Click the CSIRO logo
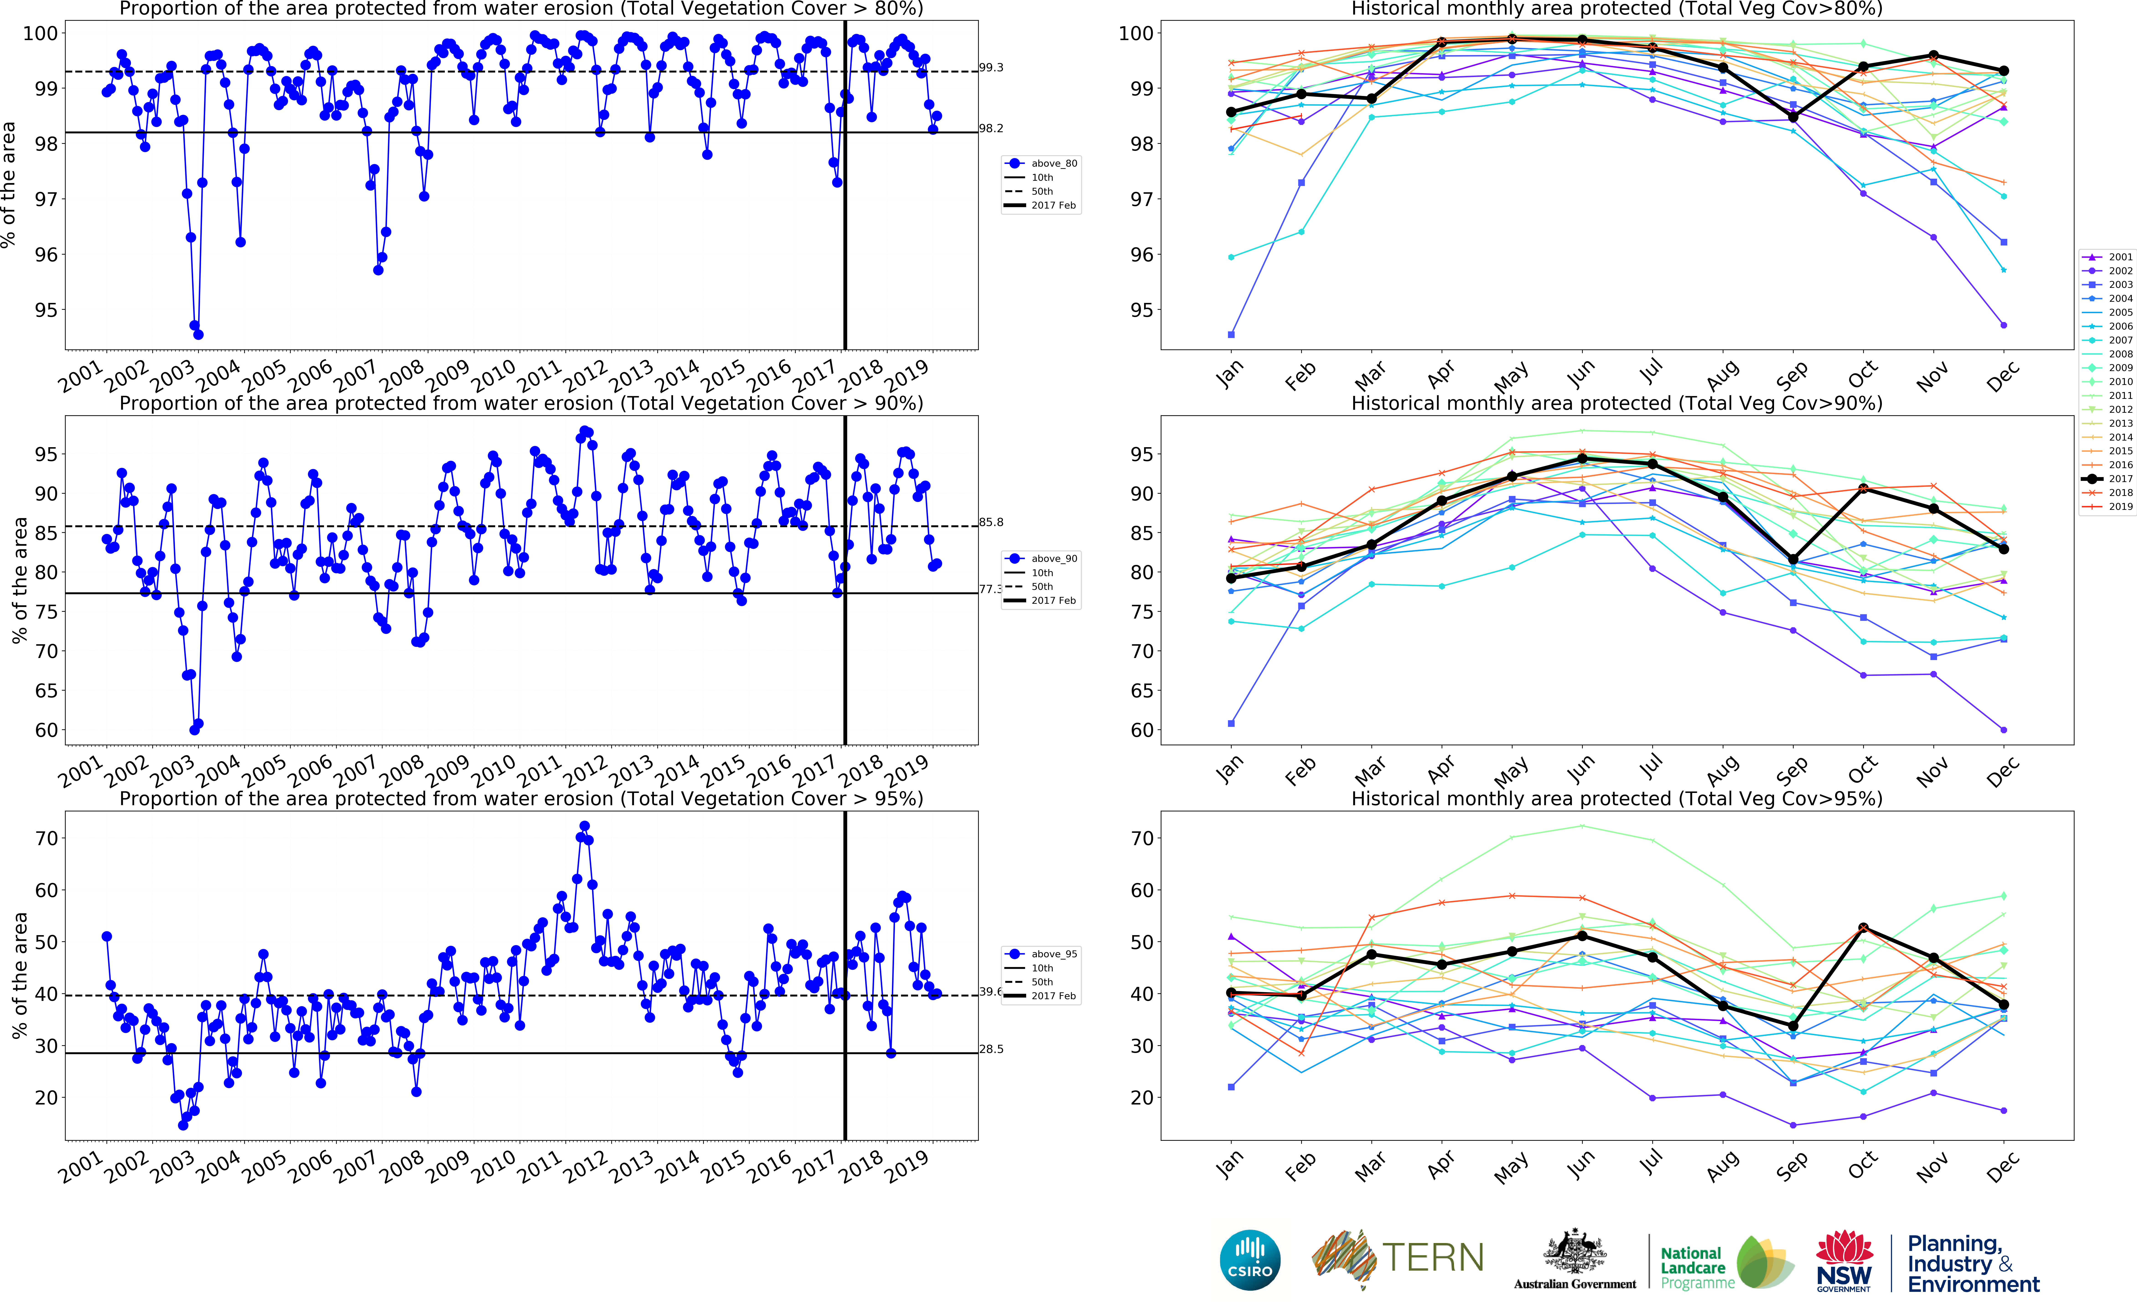[1250, 1260]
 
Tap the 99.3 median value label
[991, 67]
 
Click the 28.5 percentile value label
[991, 1049]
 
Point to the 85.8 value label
[991, 522]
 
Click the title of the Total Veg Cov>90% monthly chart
[1616, 403]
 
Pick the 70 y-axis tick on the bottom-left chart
[46, 838]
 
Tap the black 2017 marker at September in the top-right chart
[1793, 117]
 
